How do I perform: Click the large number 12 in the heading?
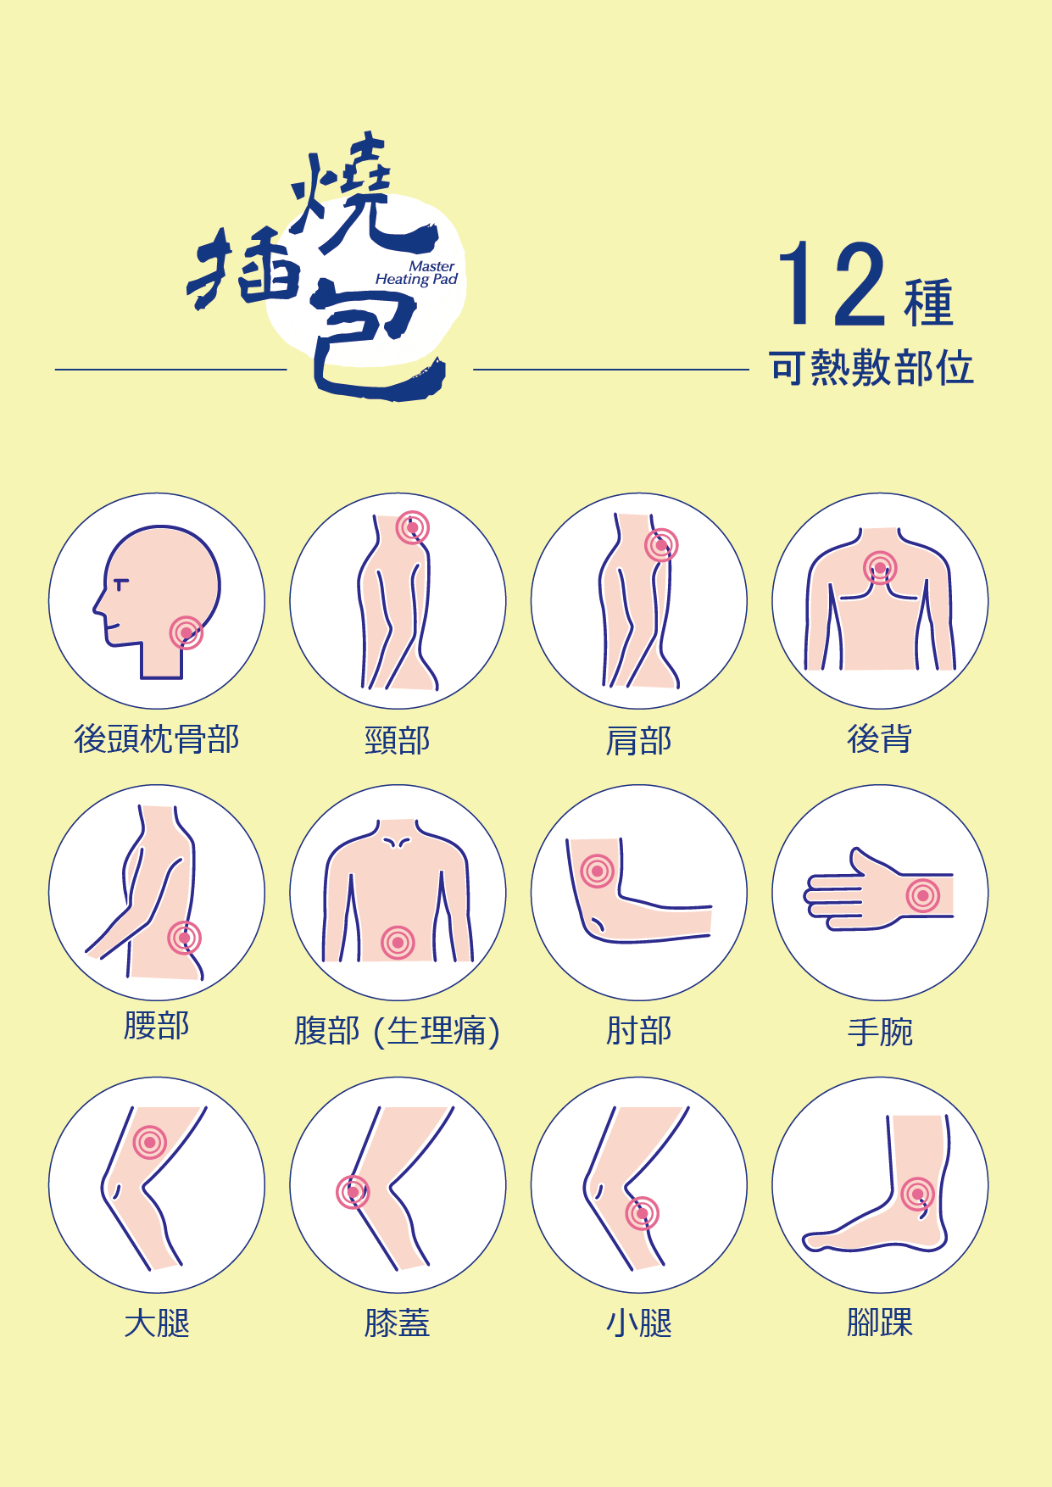(x=832, y=284)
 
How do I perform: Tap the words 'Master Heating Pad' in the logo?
(x=416, y=273)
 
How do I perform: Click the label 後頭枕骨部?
(x=157, y=738)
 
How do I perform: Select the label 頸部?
(x=398, y=740)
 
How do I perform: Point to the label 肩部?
(x=639, y=740)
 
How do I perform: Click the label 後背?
(x=880, y=738)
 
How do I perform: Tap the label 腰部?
(x=157, y=1025)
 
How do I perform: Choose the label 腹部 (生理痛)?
(x=398, y=1031)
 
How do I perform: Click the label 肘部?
(x=639, y=1031)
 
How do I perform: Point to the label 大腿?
(x=157, y=1323)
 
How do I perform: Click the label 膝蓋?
(x=398, y=1323)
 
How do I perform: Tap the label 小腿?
(x=639, y=1323)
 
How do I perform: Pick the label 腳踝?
(x=880, y=1323)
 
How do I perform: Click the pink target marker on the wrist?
(x=923, y=895)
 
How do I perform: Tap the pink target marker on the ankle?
(x=917, y=1195)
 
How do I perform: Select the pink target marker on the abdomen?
(x=398, y=942)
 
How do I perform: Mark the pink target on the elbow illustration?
(x=597, y=871)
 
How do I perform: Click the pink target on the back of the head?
(x=186, y=632)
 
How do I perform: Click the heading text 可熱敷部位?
(x=871, y=368)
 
